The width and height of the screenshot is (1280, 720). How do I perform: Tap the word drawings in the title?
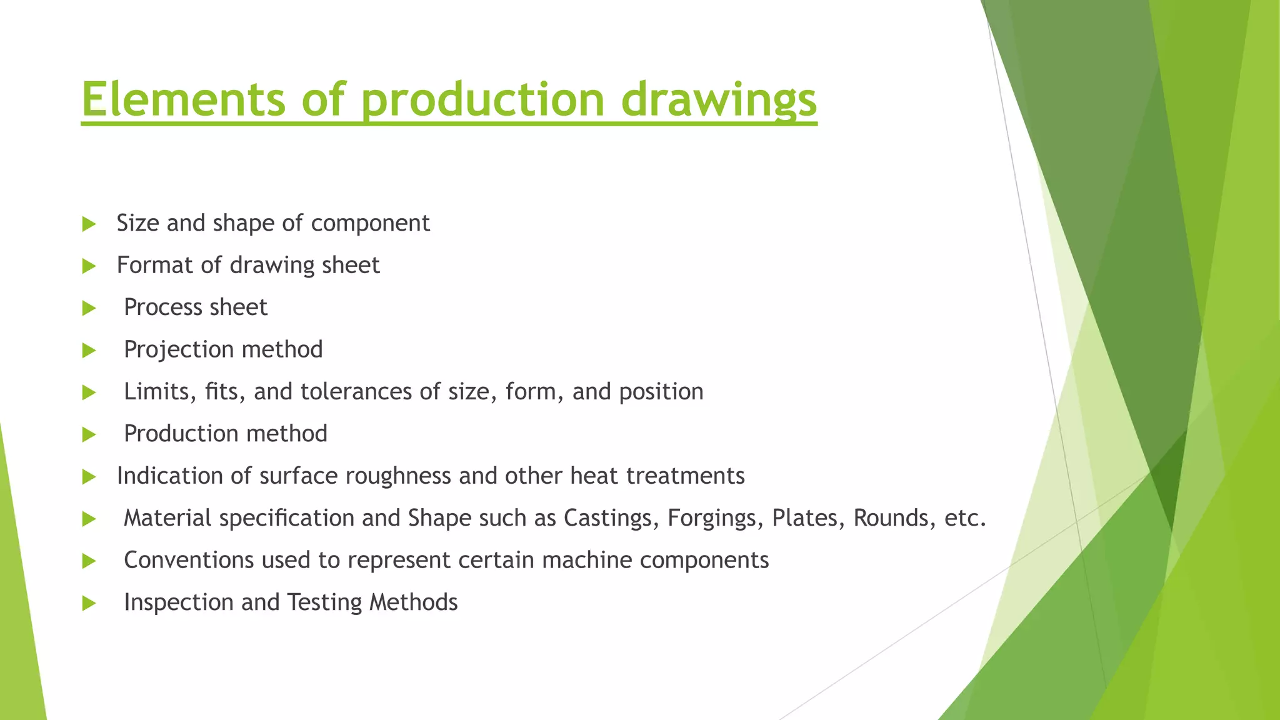coord(719,100)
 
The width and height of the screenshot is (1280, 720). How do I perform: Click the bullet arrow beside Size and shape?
coord(89,224)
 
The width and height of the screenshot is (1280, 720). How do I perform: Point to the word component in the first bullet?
coord(370,223)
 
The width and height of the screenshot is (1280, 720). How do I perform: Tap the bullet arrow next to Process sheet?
coord(89,308)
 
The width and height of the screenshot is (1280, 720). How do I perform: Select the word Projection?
coord(179,349)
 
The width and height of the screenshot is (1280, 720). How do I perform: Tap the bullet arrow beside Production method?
coord(89,434)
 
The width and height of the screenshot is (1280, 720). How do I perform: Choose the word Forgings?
coord(715,518)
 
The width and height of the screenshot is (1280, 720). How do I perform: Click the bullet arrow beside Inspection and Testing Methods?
coord(89,603)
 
